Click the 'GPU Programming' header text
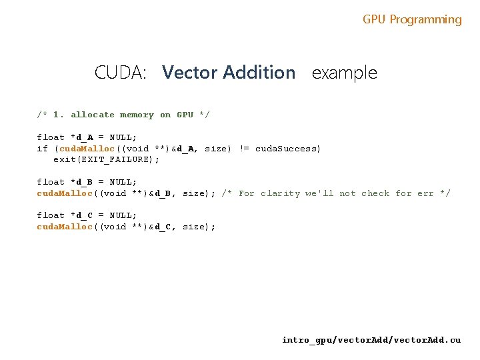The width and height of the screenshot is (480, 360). (412, 19)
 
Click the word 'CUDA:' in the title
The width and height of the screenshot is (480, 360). (120, 72)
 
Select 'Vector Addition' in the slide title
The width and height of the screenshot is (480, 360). (229, 72)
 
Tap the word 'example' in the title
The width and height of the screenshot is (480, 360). (344, 73)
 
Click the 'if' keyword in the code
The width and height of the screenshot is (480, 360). (42, 149)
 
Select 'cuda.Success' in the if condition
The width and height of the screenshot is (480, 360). (287, 149)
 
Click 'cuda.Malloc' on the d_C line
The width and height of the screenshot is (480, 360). (65, 227)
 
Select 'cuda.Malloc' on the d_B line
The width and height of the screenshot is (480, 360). (65, 193)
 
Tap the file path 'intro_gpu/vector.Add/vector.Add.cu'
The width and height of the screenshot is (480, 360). (371, 340)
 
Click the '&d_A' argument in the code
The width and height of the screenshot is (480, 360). (183, 149)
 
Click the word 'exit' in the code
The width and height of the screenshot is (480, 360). (64, 160)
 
